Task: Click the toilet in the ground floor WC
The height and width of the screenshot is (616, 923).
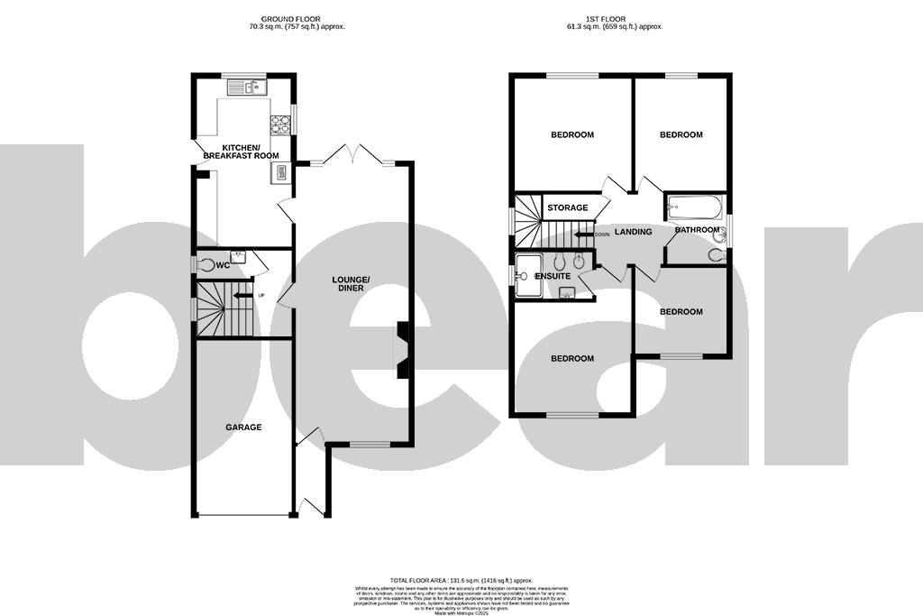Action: (206, 264)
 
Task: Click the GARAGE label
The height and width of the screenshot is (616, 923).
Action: (243, 428)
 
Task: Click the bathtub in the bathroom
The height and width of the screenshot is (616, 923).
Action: (694, 209)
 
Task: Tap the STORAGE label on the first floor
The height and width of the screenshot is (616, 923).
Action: (568, 208)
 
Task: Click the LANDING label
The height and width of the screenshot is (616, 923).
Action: (634, 232)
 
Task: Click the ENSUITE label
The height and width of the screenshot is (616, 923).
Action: (553, 275)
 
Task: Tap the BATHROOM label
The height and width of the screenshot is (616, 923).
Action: (698, 230)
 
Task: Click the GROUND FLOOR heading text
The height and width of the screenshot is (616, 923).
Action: (297, 19)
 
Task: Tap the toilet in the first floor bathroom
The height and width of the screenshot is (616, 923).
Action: (716, 254)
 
